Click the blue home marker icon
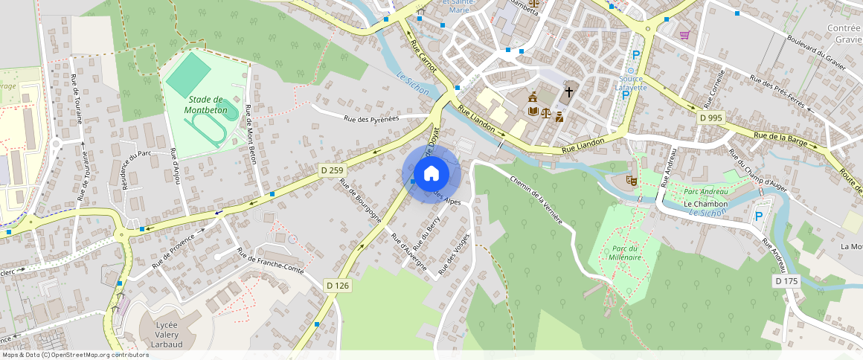tap(431, 174)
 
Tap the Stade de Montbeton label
tap(206, 105)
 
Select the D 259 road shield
tap(331, 170)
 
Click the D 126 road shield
tap(337, 285)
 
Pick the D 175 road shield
tap(786, 281)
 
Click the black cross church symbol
tap(569, 92)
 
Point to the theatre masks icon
tap(632, 179)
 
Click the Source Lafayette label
tap(632, 83)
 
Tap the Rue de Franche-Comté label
tap(271, 262)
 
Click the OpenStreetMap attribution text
tap(76, 355)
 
